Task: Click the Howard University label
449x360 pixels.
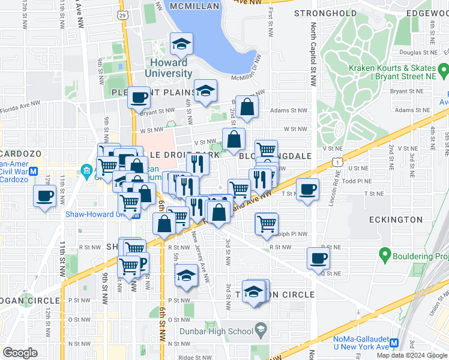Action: coord(168,68)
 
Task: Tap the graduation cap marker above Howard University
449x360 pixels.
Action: coord(181,44)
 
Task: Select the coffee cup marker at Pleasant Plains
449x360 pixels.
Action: coord(139,96)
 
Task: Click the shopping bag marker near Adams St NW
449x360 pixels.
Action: coord(247,107)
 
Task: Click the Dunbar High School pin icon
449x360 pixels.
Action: coord(261,330)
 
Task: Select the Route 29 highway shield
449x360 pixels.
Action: coord(123,14)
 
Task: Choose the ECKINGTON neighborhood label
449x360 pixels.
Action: coord(396,220)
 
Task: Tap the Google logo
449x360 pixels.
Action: coord(20,353)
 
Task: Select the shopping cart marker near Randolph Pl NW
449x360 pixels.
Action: coord(267,224)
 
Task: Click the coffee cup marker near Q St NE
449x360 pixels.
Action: coord(318,258)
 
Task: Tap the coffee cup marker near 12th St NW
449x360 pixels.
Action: coord(46,196)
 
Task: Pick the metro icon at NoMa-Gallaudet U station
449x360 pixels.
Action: coord(394,343)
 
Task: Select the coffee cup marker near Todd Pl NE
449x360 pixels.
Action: coord(308,189)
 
